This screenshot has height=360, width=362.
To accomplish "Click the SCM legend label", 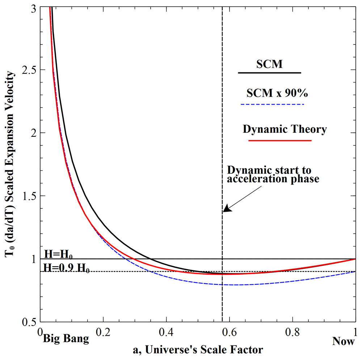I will click(x=269, y=64).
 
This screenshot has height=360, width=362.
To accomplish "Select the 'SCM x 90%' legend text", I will click(x=277, y=93).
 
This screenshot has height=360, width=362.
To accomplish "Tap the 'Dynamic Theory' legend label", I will click(x=285, y=129).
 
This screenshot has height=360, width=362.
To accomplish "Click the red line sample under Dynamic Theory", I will click(x=280, y=140).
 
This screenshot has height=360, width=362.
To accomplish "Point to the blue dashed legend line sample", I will click(x=272, y=105).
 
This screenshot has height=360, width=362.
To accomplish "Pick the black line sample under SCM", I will click(x=269, y=73).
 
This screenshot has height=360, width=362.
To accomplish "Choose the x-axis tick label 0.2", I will click(x=103, y=331).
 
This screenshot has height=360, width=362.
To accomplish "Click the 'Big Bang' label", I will click(x=66, y=339).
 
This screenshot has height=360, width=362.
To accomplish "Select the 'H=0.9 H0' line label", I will click(x=67, y=268).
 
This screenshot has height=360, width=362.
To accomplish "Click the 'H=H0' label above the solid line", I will click(x=58, y=254).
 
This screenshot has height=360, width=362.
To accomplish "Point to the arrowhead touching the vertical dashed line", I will click(x=225, y=209).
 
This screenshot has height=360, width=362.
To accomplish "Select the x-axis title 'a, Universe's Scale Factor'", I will click(x=198, y=350).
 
